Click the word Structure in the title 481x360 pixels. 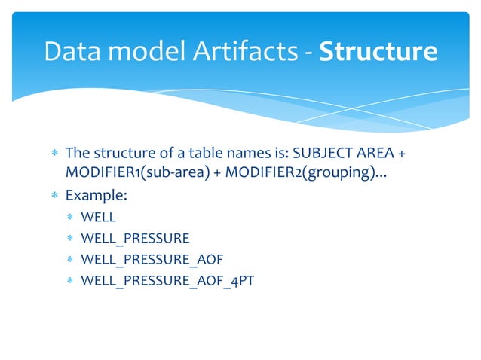[x=378, y=51]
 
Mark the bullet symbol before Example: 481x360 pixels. [x=54, y=196]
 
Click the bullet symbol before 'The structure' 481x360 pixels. [x=54, y=154]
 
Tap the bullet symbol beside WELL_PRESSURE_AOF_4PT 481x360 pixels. [x=70, y=281]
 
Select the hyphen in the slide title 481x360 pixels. [x=308, y=53]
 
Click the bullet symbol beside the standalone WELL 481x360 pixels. [x=70, y=218]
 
